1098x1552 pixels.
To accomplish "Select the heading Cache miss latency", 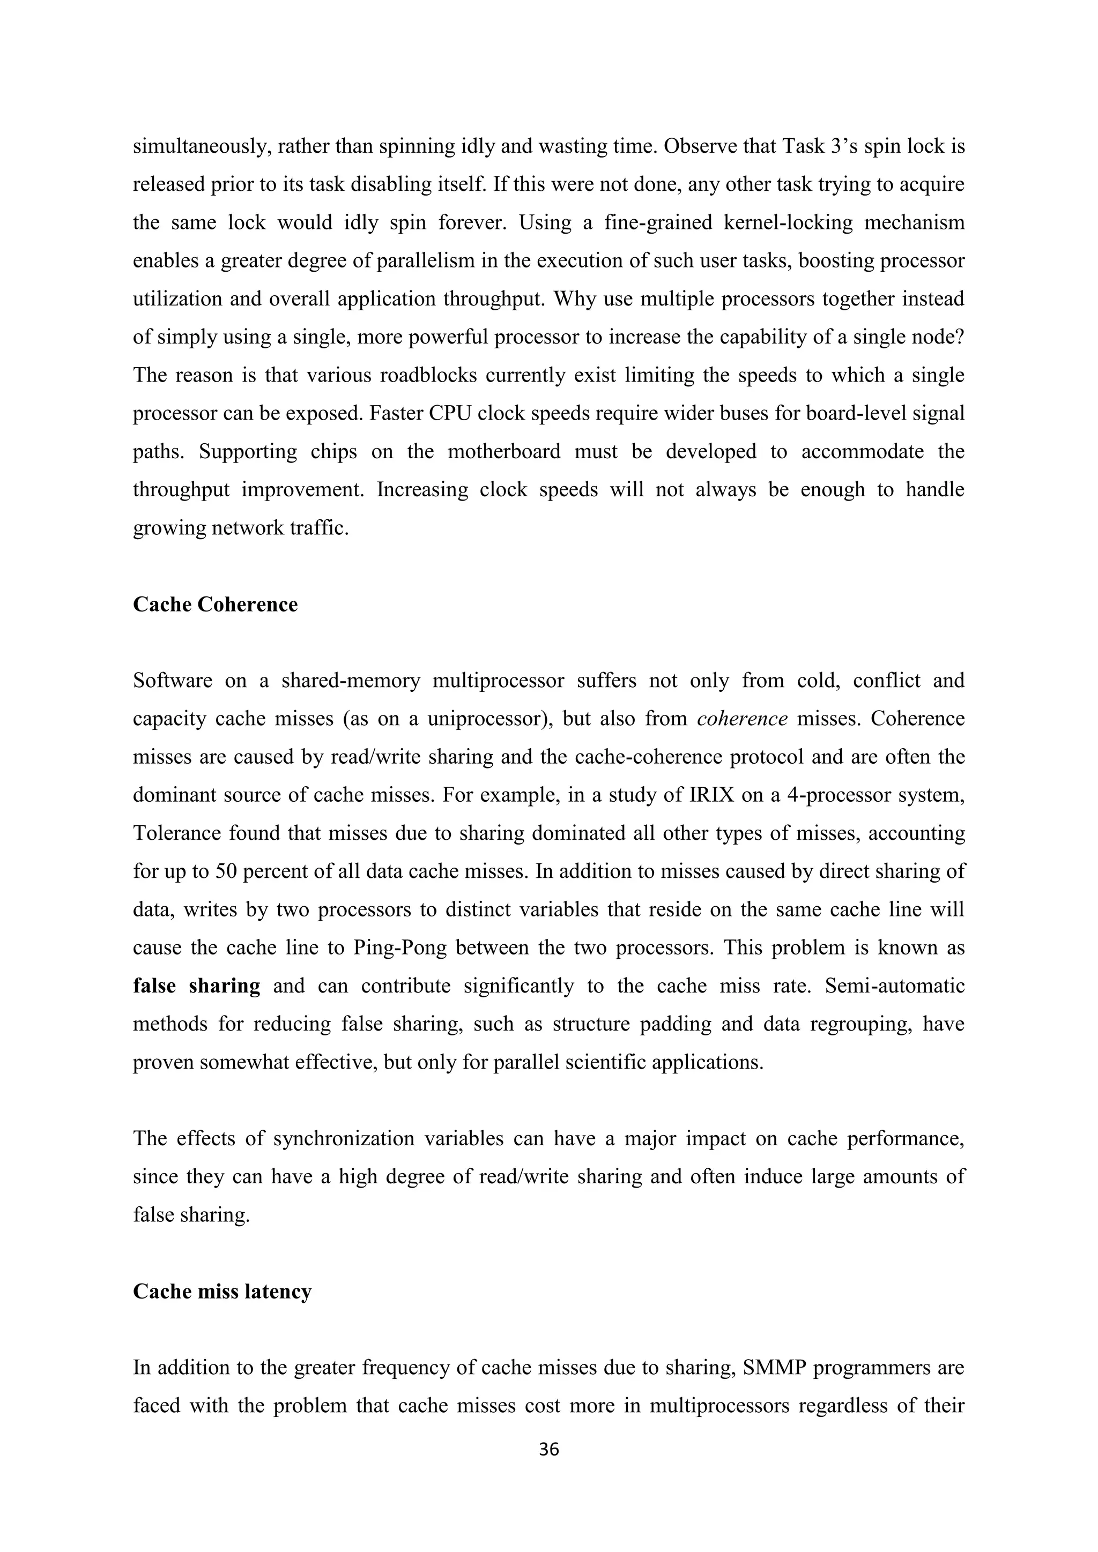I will click(222, 1291).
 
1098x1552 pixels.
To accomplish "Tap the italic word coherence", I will click(741, 719).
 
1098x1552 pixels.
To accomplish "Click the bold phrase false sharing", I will click(196, 986).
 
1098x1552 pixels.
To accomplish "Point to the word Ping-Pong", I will click(399, 947).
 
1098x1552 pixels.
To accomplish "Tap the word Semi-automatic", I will click(894, 986).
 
